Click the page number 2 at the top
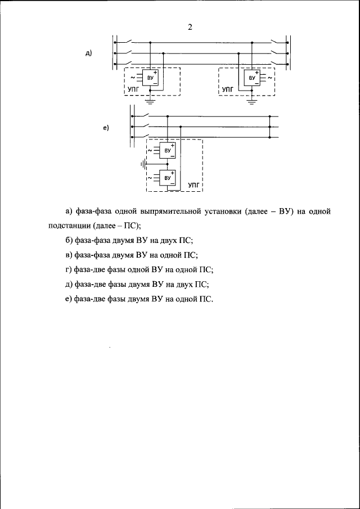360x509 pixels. click(x=190, y=28)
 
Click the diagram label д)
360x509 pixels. click(x=88, y=53)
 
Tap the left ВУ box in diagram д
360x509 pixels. click(x=150, y=77)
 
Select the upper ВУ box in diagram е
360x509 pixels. click(x=167, y=150)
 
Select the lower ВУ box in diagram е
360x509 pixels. click(x=167, y=178)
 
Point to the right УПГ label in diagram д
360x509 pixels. click(x=227, y=89)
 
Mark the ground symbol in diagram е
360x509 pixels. click(x=143, y=164)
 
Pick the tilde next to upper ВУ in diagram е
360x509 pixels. click(x=148, y=150)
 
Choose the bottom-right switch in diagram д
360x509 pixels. click(x=276, y=64)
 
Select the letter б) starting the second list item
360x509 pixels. click(x=68, y=240)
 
